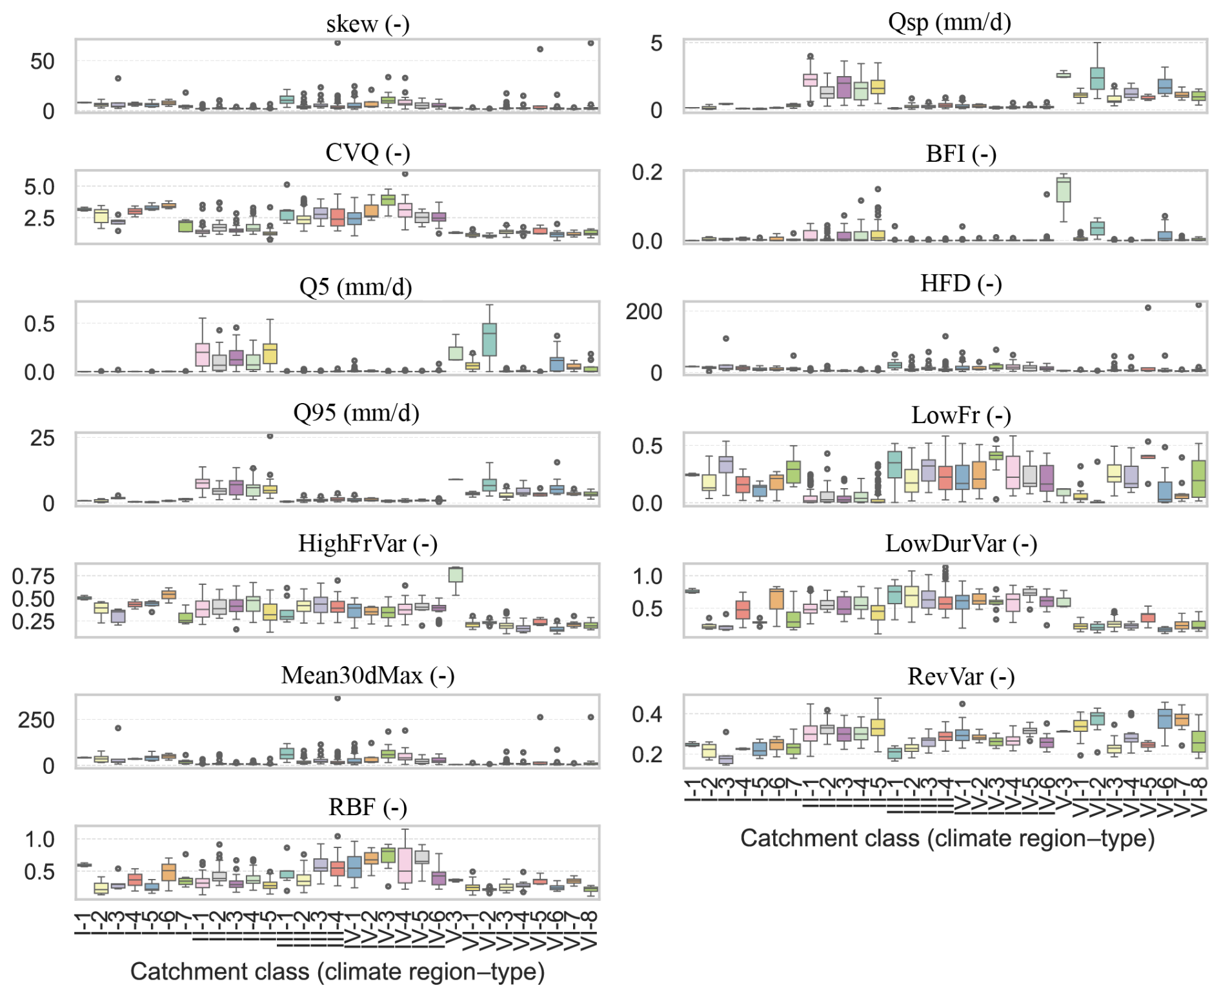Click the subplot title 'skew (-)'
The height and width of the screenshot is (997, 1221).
tap(367, 25)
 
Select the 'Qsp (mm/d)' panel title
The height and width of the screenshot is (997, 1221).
tap(949, 23)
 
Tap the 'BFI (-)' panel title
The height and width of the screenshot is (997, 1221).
tap(960, 154)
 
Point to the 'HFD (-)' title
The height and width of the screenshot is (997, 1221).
tap(960, 284)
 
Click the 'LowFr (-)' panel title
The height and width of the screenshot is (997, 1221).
tap(960, 415)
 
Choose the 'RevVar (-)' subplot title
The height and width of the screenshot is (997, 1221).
tap(960, 676)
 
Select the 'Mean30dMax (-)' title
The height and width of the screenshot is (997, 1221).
tap(367, 675)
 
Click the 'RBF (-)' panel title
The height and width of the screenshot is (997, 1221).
tap(367, 807)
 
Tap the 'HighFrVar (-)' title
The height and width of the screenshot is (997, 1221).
tap(367, 544)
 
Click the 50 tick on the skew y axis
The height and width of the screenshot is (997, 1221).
tap(43, 62)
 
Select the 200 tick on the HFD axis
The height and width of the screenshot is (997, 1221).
tap(643, 312)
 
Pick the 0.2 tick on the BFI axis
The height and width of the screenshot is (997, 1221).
tap(647, 173)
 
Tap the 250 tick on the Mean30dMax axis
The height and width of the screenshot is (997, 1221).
tap(36, 720)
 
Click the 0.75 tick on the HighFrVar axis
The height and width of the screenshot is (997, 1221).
tap(34, 576)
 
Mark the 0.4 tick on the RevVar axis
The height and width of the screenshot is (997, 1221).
tap(647, 715)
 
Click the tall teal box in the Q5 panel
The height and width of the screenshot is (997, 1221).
tap(489, 339)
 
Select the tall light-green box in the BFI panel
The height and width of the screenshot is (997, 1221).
tap(1063, 190)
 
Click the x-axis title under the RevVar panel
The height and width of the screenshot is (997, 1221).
tap(947, 838)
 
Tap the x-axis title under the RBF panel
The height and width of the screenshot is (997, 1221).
tap(338, 971)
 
